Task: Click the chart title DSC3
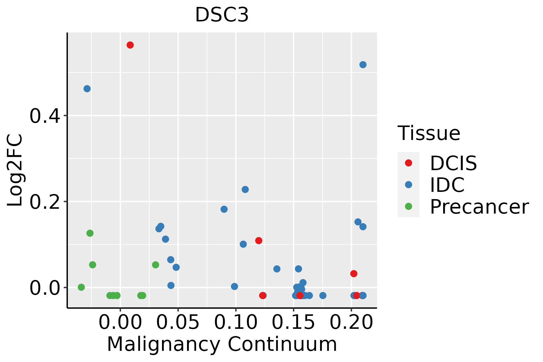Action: (222, 15)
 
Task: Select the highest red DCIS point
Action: (130, 45)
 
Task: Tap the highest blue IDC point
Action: (363, 65)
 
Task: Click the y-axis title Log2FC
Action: (15, 170)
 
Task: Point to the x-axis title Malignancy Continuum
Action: (222, 345)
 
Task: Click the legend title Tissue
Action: (429, 133)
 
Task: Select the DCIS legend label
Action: (453, 163)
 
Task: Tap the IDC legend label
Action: (447, 185)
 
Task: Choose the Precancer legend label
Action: (479, 207)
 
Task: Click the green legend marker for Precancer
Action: (408, 207)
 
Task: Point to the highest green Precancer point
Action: (90, 233)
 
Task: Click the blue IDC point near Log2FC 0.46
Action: (87, 89)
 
